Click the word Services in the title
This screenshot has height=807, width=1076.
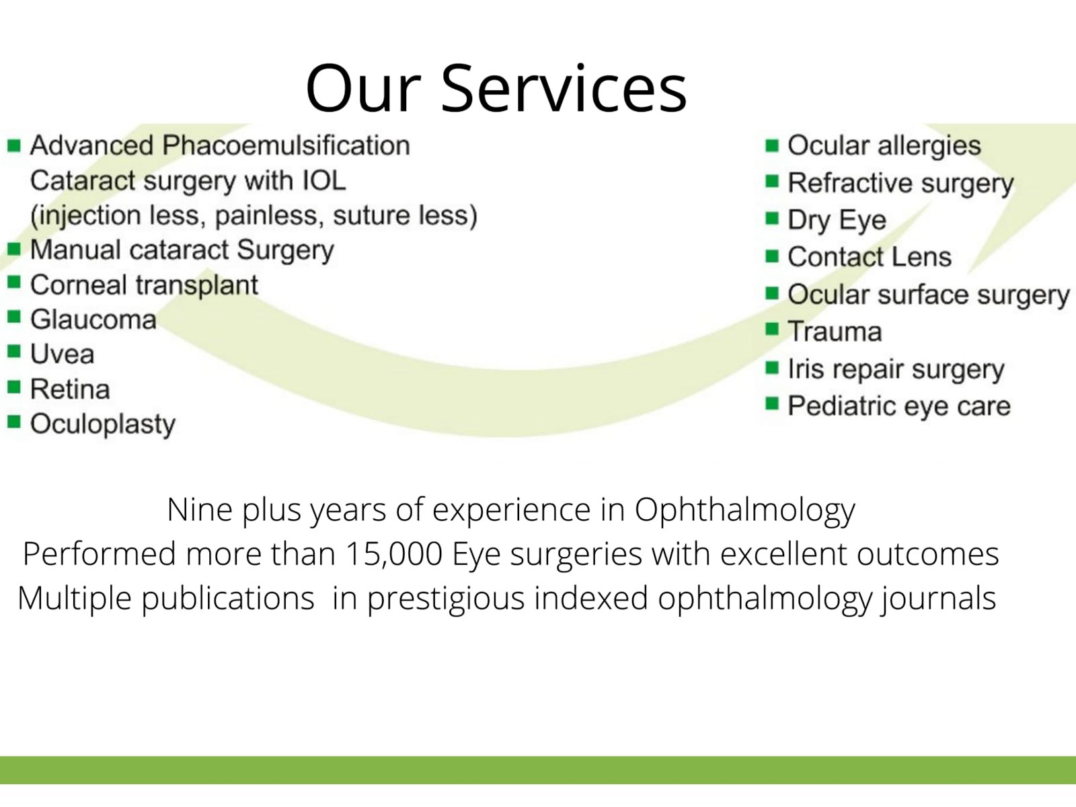pyautogui.click(x=564, y=89)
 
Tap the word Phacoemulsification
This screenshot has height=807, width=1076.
pyautogui.click(x=286, y=145)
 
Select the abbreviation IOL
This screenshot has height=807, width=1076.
pyautogui.click(x=323, y=180)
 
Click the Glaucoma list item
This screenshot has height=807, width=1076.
pyautogui.click(x=93, y=319)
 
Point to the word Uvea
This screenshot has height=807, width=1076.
pyautogui.click(x=63, y=354)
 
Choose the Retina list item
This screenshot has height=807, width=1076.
pyautogui.click(x=70, y=389)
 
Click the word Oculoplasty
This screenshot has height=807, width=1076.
pyautogui.click(x=103, y=424)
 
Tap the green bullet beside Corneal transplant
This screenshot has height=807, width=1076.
pyautogui.click(x=13, y=282)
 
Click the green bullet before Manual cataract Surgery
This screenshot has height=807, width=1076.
pyautogui.click(x=13, y=249)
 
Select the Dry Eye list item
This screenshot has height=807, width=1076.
pyautogui.click(x=837, y=220)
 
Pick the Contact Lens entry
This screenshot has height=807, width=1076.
pyautogui.click(x=870, y=256)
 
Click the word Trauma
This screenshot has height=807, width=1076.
pyautogui.click(x=835, y=332)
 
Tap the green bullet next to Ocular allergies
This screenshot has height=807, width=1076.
pyautogui.click(x=772, y=145)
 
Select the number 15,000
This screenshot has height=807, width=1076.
pyautogui.click(x=393, y=554)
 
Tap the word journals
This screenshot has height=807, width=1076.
pyautogui.click(x=938, y=599)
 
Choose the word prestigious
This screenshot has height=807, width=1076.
pyautogui.click(x=446, y=599)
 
